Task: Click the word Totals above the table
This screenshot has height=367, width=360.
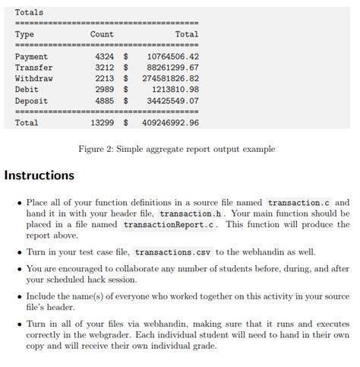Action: click(29, 12)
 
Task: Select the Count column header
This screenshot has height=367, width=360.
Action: click(102, 34)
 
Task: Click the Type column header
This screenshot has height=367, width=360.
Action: click(24, 34)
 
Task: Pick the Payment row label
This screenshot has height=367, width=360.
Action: click(31, 57)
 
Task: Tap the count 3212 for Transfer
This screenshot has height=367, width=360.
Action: click(104, 68)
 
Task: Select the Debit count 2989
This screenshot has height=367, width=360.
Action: click(104, 90)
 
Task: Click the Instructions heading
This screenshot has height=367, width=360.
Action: click(39, 176)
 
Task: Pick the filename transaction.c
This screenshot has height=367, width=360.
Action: click(299, 203)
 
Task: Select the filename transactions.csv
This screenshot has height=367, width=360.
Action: click(173, 252)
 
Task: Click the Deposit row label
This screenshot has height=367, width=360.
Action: click(31, 100)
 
